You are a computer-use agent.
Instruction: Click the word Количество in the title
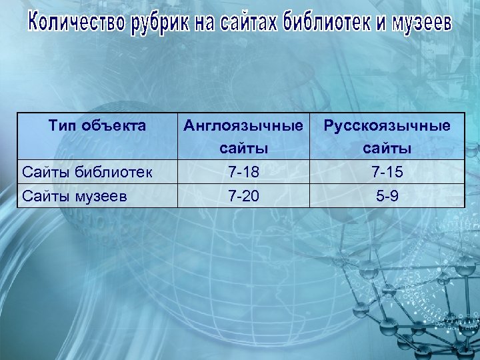[76, 25]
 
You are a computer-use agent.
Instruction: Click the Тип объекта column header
[97, 125]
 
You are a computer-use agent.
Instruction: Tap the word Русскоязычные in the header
[387, 125]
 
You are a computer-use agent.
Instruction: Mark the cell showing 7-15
[387, 172]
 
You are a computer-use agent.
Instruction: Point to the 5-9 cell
[387, 196]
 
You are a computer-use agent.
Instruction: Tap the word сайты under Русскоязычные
[387, 147]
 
